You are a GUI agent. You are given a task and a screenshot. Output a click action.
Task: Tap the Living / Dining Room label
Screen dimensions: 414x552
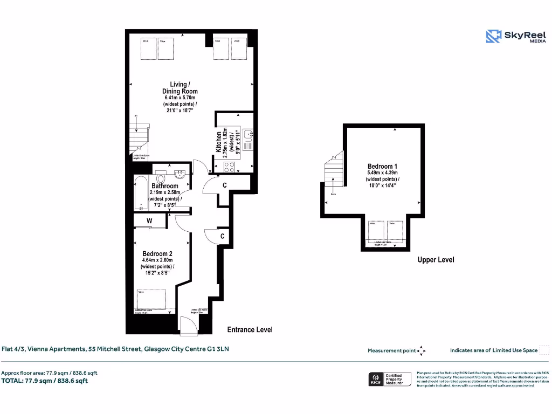(x=180, y=88)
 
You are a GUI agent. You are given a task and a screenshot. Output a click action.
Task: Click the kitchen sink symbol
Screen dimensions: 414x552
(x=248, y=139)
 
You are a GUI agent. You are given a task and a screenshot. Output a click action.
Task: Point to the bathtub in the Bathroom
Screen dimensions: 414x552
(x=141, y=193)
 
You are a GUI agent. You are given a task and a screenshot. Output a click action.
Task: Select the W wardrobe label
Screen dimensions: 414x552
(x=149, y=220)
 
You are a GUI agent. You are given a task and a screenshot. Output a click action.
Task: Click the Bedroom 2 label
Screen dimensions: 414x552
(x=157, y=253)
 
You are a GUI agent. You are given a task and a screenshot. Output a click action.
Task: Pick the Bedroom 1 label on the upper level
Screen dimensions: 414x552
(x=383, y=166)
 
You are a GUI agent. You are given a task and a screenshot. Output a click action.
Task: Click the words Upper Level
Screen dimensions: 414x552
(x=436, y=260)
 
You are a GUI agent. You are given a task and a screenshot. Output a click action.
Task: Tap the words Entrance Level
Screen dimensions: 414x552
(x=250, y=329)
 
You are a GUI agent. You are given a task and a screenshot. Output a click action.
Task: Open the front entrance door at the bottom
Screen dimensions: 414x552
(x=189, y=327)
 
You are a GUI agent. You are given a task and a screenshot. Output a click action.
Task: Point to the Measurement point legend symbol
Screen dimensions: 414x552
(x=421, y=350)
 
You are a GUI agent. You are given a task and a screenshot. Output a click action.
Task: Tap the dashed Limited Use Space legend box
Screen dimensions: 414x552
(x=544, y=350)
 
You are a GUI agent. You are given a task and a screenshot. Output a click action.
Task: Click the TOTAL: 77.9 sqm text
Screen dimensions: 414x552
(x=44, y=381)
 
